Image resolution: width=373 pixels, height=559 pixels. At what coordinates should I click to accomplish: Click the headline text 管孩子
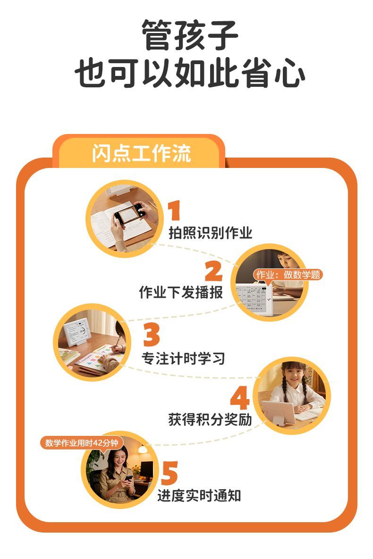coord(189,35)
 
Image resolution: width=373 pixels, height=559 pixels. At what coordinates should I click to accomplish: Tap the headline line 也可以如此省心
coord(189,73)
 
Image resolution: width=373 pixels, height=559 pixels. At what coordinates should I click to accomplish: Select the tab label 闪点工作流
coord(142,153)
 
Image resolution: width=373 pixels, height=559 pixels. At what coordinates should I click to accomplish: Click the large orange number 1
coord(174,210)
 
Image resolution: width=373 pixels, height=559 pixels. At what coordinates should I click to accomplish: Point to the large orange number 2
coord(214,271)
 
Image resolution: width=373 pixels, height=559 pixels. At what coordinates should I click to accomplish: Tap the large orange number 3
coord(152,334)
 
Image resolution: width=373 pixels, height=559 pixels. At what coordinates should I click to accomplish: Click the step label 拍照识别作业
coord(211,233)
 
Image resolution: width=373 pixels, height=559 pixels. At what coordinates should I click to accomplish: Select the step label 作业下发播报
coord(181,292)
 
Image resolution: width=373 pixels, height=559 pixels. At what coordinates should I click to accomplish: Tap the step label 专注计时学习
coord(184,359)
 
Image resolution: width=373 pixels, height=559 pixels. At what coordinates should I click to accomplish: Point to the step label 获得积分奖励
coord(210,419)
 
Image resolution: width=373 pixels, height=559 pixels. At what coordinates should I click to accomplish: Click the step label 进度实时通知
coord(199,495)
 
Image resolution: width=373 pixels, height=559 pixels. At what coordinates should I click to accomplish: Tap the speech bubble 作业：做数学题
coord(288,275)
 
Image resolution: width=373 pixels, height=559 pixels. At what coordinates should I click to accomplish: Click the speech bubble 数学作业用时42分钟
coord(81,443)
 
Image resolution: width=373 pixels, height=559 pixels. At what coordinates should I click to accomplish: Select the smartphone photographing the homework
coord(130,214)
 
